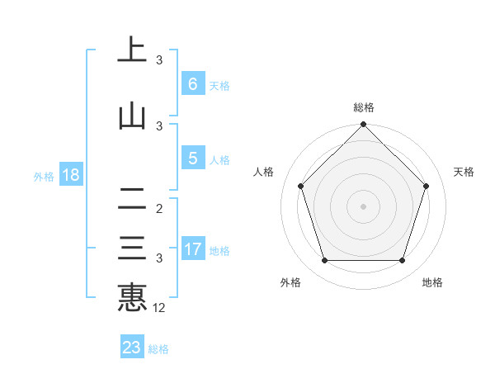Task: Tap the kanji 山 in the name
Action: tap(132, 116)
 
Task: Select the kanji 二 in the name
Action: tap(132, 199)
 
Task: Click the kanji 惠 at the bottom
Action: tap(132, 297)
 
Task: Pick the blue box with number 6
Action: tap(192, 84)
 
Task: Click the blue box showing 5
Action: tap(192, 159)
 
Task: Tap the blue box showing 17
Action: tap(192, 249)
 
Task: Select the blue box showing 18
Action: tap(70, 175)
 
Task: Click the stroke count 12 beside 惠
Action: tap(159, 308)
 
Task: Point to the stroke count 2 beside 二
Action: tap(159, 209)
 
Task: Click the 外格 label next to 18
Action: tap(43, 176)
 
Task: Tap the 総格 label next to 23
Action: tap(159, 349)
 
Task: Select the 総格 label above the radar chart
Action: tap(364, 107)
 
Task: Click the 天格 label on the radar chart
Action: tap(464, 172)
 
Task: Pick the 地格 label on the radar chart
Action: tap(432, 282)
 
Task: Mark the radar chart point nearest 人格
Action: tap(300, 186)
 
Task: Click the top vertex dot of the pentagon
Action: tap(364, 125)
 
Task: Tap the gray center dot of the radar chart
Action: tap(364, 206)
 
